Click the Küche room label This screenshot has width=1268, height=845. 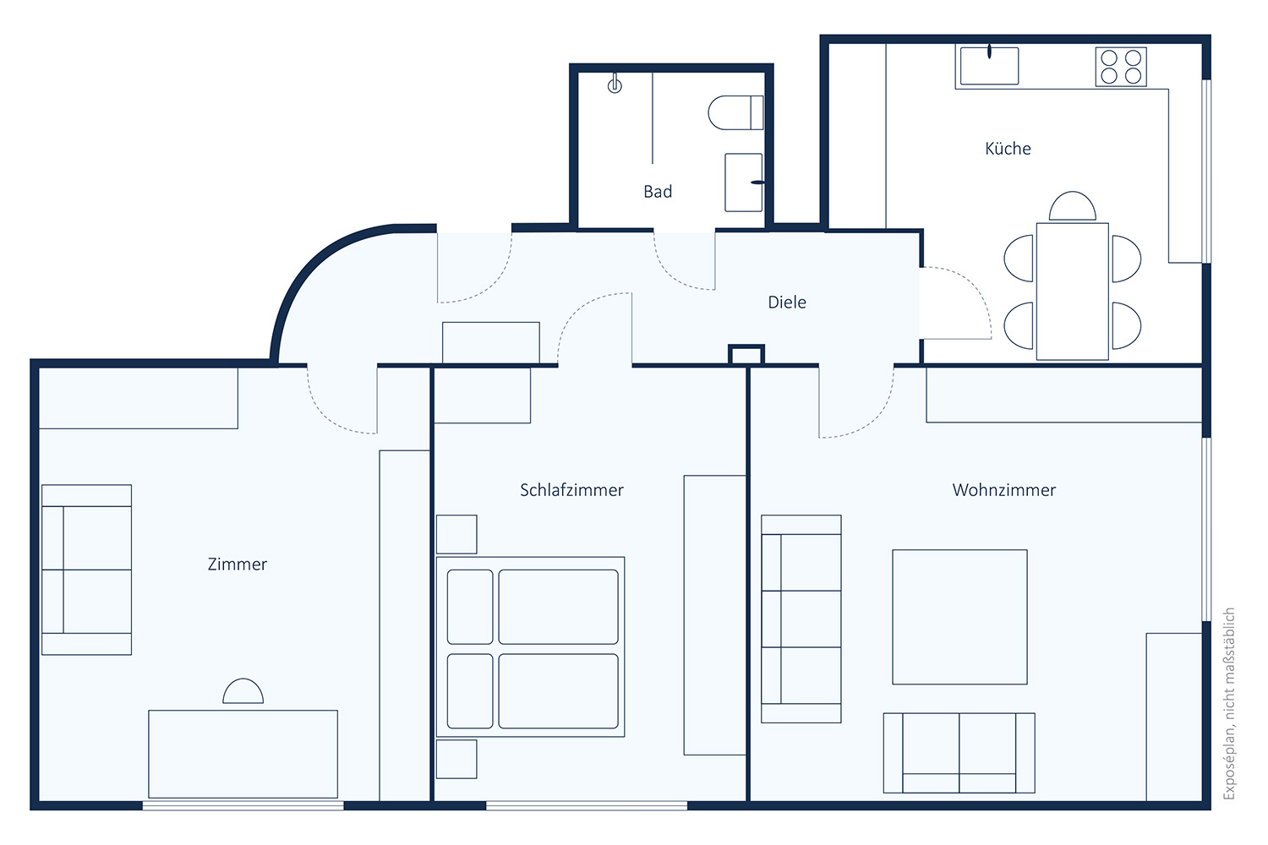tap(1008, 148)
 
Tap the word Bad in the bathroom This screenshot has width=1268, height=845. tap(658, 191)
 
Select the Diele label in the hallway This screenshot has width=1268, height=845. tap(787, 302)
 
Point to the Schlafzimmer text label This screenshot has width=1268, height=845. tap(571, 489)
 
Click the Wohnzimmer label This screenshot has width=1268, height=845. tap(1003, 489)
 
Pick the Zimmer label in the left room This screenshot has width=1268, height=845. tap(238, 564)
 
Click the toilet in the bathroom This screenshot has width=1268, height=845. tap(735, 112)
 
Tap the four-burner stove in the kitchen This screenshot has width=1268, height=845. tap(1121, 67)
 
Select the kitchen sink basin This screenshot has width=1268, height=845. tap(989, 66)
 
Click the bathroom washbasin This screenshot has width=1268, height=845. tap(744, 183)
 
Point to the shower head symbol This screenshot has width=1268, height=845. tap(615, 84)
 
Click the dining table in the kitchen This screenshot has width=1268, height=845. tap(1072, 291)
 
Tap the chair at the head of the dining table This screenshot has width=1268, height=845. tap(1072, 206)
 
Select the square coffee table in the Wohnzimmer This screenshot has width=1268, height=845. tap(959, 616)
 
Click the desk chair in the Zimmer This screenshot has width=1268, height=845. tap(243, 691)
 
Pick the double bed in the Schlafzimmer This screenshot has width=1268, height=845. tap(530, 646)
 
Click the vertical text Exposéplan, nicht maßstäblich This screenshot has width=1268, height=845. tap(1228, 704)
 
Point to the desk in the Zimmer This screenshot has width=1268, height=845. tap(243, 754)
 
